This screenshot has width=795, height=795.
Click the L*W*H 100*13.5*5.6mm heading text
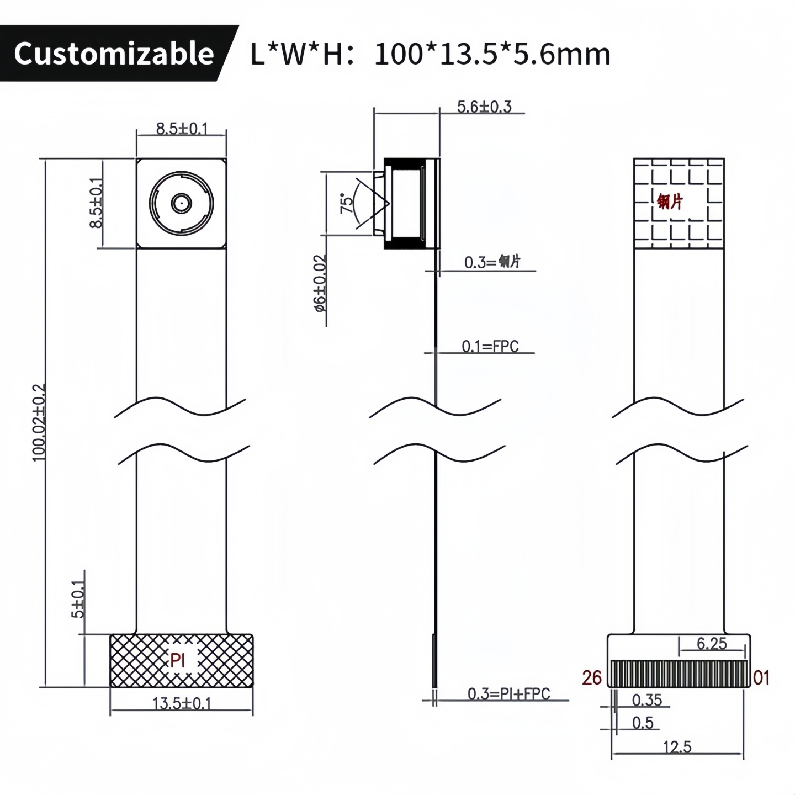(430, 54)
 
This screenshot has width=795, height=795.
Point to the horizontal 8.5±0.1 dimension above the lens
(182, 128)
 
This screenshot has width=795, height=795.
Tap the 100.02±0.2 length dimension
(39, 423)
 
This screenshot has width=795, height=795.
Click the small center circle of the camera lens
(181, 203)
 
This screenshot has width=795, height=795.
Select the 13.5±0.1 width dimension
(182, 703)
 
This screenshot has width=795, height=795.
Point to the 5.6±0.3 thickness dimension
(484, 107)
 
